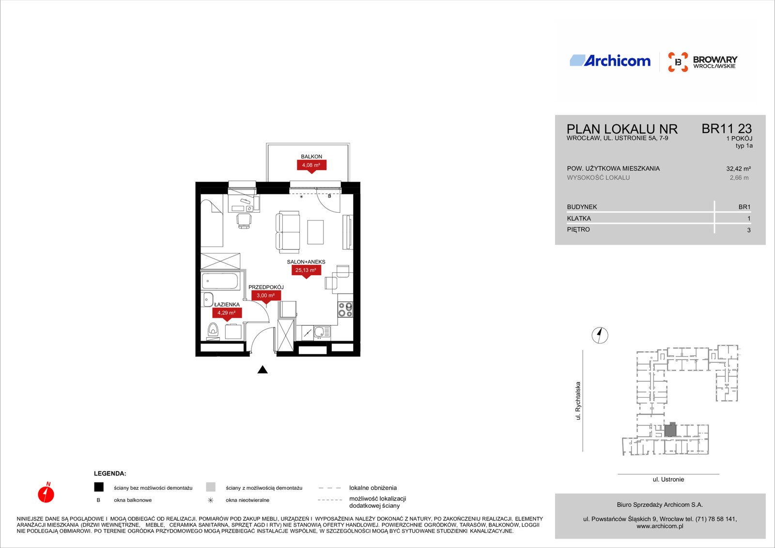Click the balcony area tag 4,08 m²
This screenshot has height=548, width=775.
(x=311, y=166)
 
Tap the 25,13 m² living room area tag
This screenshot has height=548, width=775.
(x=306, y=270)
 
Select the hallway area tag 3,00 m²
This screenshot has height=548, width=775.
(x=266, y=296)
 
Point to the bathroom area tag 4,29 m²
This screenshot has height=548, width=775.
(x=227, y=313)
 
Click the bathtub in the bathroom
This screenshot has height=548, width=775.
(x=220, y=281)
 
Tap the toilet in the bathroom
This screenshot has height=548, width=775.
(x=213, y=330)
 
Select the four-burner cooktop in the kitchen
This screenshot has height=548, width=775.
(x=345, y=310)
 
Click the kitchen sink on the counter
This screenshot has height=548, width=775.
(x=322, y=332)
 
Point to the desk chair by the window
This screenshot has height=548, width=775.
(x=244, y=220)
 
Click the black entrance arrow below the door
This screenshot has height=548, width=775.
(x=263, y=370)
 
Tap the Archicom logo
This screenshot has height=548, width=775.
(x=610, y=61)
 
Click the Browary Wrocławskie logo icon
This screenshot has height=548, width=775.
(x=678, y=62)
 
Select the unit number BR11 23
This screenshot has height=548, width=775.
(x=727, y=129)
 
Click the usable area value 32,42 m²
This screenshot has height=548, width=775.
(x=738, y=169)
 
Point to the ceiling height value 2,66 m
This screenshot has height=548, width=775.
(x=739, y=178)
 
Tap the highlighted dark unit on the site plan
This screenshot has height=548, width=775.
(x=670, y=430)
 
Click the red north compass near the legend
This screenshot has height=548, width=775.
(x=46, y=493)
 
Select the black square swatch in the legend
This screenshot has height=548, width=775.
(x=99, y=487)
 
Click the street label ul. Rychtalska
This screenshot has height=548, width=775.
(x=577, y=401)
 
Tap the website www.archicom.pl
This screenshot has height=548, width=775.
(x=660, y=526)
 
